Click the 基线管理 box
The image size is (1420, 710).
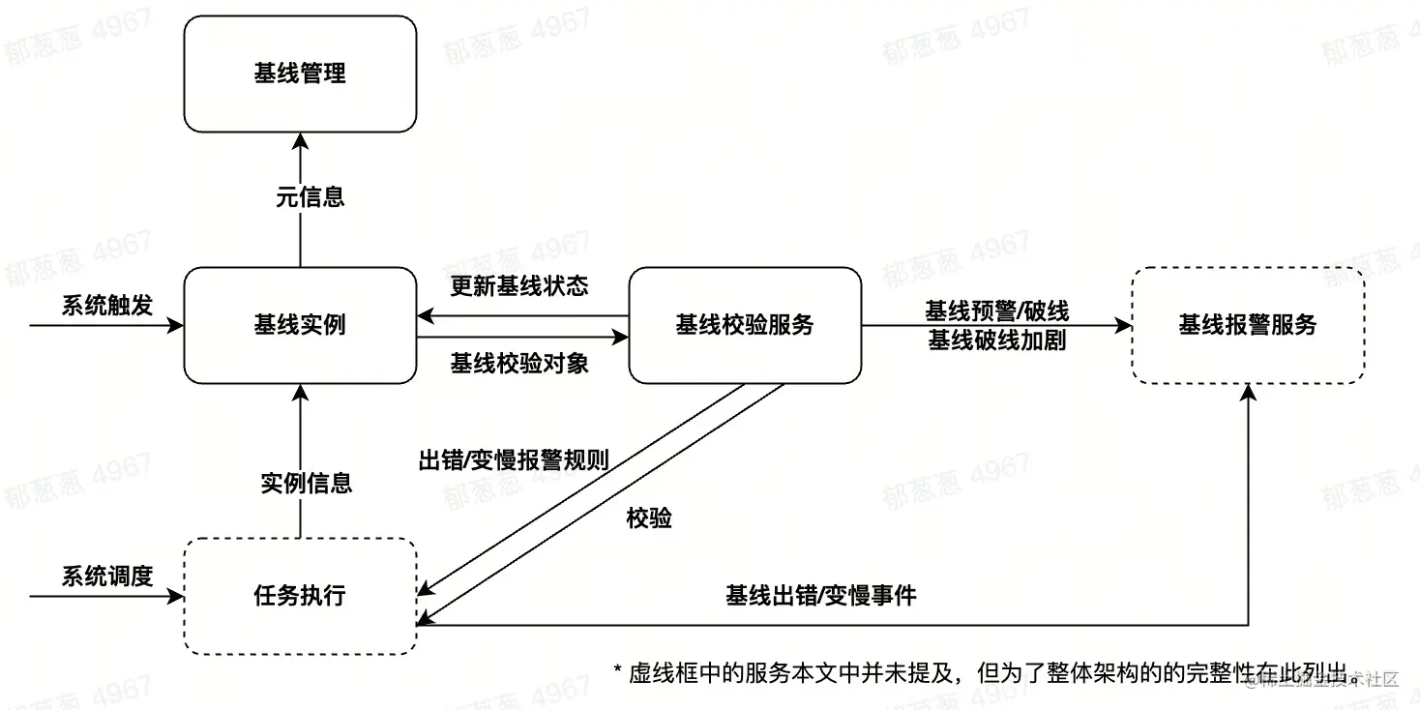tap(300, 74)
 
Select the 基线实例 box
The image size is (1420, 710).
tap(300, 325)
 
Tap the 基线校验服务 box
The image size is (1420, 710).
tap(745, 325)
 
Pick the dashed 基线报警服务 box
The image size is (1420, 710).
tap(1248, 325)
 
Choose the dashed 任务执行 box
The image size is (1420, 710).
tap(300, 596)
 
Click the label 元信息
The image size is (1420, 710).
tap(310, 197)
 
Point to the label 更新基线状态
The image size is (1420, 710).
tap(519, 286)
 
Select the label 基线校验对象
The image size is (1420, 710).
tap(519, 364)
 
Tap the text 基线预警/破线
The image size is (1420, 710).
tap(996, 311)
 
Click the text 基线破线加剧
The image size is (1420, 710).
tap(996, 340)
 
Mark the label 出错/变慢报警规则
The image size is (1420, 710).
tap(513, 459)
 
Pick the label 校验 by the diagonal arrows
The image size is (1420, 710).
tap(649, 519)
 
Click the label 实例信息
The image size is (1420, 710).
tap(307, 483)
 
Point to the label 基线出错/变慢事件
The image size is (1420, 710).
tap(820, 596)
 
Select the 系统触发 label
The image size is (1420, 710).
tap(107, 306)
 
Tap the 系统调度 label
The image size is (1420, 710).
tap(107, 577)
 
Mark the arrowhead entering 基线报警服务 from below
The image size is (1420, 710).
tap(1248, 392)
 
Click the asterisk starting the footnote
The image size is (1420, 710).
tap(618, 671)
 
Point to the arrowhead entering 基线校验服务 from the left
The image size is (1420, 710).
tap(621, 338)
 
